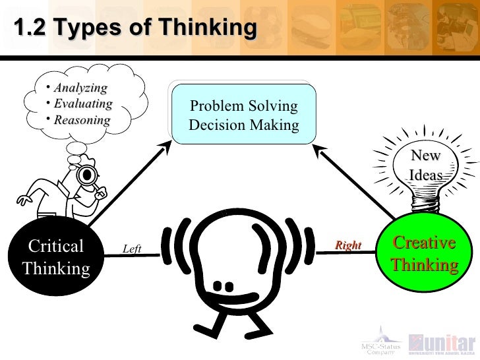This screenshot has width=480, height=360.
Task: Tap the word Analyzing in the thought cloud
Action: pyautogui.click(x=80, y=88)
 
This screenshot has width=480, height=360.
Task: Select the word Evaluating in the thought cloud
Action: pyautogui.click(x=83, y=104)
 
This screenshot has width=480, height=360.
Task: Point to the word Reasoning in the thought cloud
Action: pyautogui.click(x=82, y=120)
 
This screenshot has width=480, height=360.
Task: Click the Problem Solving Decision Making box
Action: pyautogui.click(x=243, y=115)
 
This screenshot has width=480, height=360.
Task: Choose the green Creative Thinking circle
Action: pyautogui.click(x=424, y=254)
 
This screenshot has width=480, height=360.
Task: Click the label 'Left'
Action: pyautogui.click(x=132, y=249)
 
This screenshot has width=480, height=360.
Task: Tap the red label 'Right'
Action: pyautogui.click(x=348, y=246)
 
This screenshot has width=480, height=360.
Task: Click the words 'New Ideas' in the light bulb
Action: pyautogui.click(x=425, y=165)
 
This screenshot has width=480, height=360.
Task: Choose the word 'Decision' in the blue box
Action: pyautogui.click(x=216, y=125)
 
